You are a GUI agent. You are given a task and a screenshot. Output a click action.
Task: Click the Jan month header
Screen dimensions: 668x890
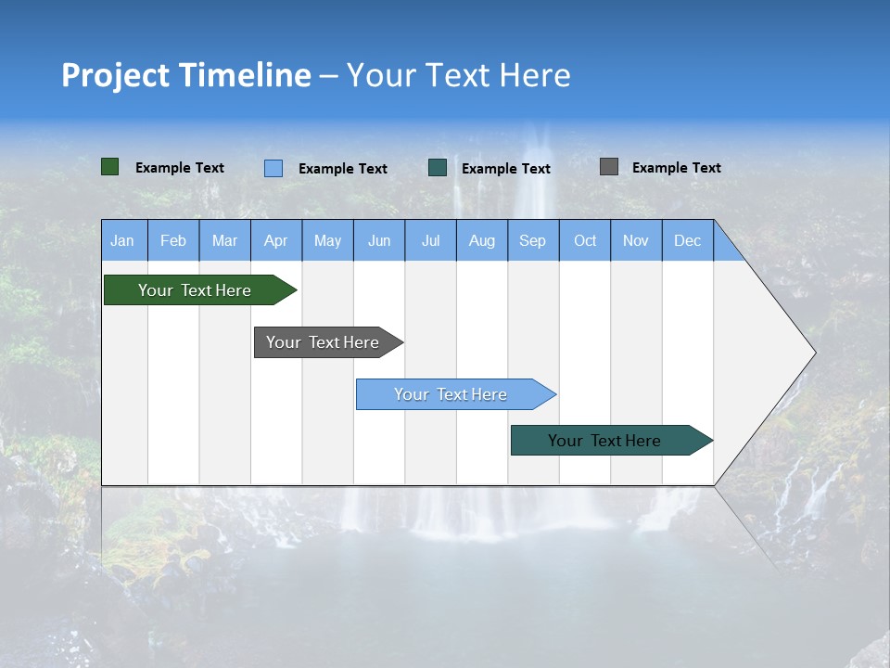click(123, 240)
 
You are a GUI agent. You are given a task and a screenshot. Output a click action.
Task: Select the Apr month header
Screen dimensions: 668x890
click(276, 240)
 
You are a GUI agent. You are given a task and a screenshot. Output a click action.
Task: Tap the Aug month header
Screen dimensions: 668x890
click(482, 240)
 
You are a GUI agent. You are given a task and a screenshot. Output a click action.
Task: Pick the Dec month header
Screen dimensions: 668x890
click(687, 240)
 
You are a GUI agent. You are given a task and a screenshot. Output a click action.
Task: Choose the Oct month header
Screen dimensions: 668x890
click(585, 240)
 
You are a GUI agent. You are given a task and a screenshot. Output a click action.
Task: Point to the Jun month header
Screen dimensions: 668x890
click(379, 240)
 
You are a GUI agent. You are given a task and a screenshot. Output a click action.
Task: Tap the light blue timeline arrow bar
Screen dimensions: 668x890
click(451, 394)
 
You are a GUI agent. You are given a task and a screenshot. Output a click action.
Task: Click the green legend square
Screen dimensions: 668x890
click(110, 167)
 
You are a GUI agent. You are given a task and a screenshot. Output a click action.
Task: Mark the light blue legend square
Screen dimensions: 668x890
click(273, 168)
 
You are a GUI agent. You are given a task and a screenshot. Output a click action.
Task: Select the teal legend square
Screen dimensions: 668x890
click(438, 168)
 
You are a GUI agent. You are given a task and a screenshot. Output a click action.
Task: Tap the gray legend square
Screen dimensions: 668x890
click(609, 167)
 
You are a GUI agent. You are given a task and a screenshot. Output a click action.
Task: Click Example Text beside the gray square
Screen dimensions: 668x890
click(676, 168)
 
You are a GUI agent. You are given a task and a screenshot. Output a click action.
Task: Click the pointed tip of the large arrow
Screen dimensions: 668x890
click(813, 353)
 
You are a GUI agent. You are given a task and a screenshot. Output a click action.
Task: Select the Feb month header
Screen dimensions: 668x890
click(173, 240)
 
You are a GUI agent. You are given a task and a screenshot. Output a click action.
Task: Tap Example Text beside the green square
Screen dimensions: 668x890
click(180, 168)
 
